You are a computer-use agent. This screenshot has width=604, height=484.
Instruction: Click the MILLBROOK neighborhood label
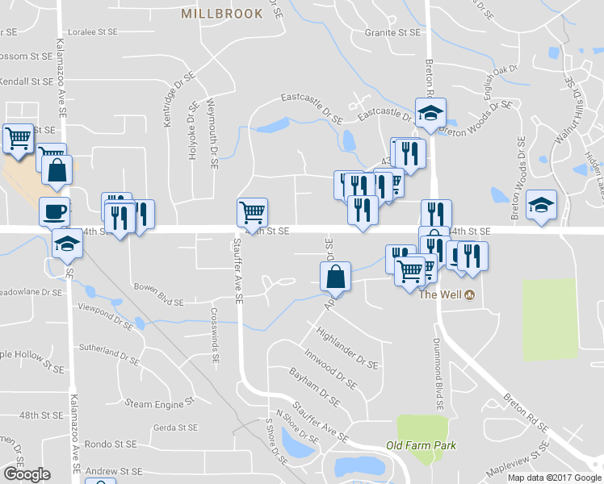coord(222,14)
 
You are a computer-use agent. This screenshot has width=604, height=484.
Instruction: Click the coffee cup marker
coord(55,211)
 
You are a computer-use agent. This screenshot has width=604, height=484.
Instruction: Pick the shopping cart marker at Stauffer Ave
coord(253,212)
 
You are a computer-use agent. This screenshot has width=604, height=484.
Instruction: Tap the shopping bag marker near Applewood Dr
coord(336,277)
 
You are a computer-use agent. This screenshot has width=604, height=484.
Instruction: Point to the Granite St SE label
coord(393,33)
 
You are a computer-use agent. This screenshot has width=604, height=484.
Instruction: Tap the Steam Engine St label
coord(160,402)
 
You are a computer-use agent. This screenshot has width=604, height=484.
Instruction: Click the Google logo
coord(27,474)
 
